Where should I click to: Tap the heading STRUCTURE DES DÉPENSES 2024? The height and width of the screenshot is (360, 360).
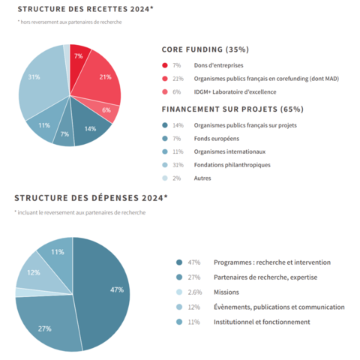[91, 199]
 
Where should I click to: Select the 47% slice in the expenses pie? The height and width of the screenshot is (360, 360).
[109, 289]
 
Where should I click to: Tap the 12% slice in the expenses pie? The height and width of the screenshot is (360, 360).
[34, 273]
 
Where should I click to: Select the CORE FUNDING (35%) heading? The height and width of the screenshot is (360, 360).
[205, 49]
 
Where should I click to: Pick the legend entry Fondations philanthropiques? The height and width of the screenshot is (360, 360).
[232, 164]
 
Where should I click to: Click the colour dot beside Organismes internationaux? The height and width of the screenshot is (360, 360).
[165, 151]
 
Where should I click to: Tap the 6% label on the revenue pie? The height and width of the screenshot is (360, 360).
[106, 109]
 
